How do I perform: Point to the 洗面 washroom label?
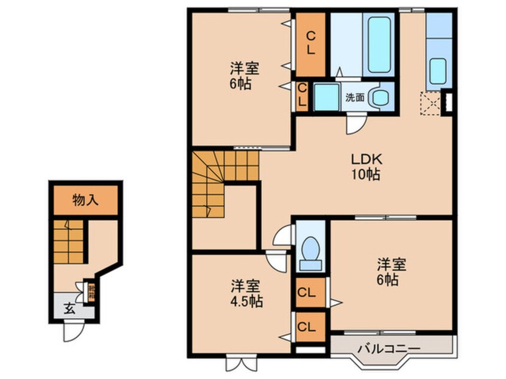[354, 97]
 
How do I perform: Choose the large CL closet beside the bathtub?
[310, 44]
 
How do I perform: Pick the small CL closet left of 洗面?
[302, 96]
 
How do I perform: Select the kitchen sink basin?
[438, 71]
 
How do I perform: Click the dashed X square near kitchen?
[430, 102]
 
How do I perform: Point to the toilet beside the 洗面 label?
[378, 97]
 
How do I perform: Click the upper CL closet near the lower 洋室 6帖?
[310, 293]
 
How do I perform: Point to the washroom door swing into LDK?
[355, 124]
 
